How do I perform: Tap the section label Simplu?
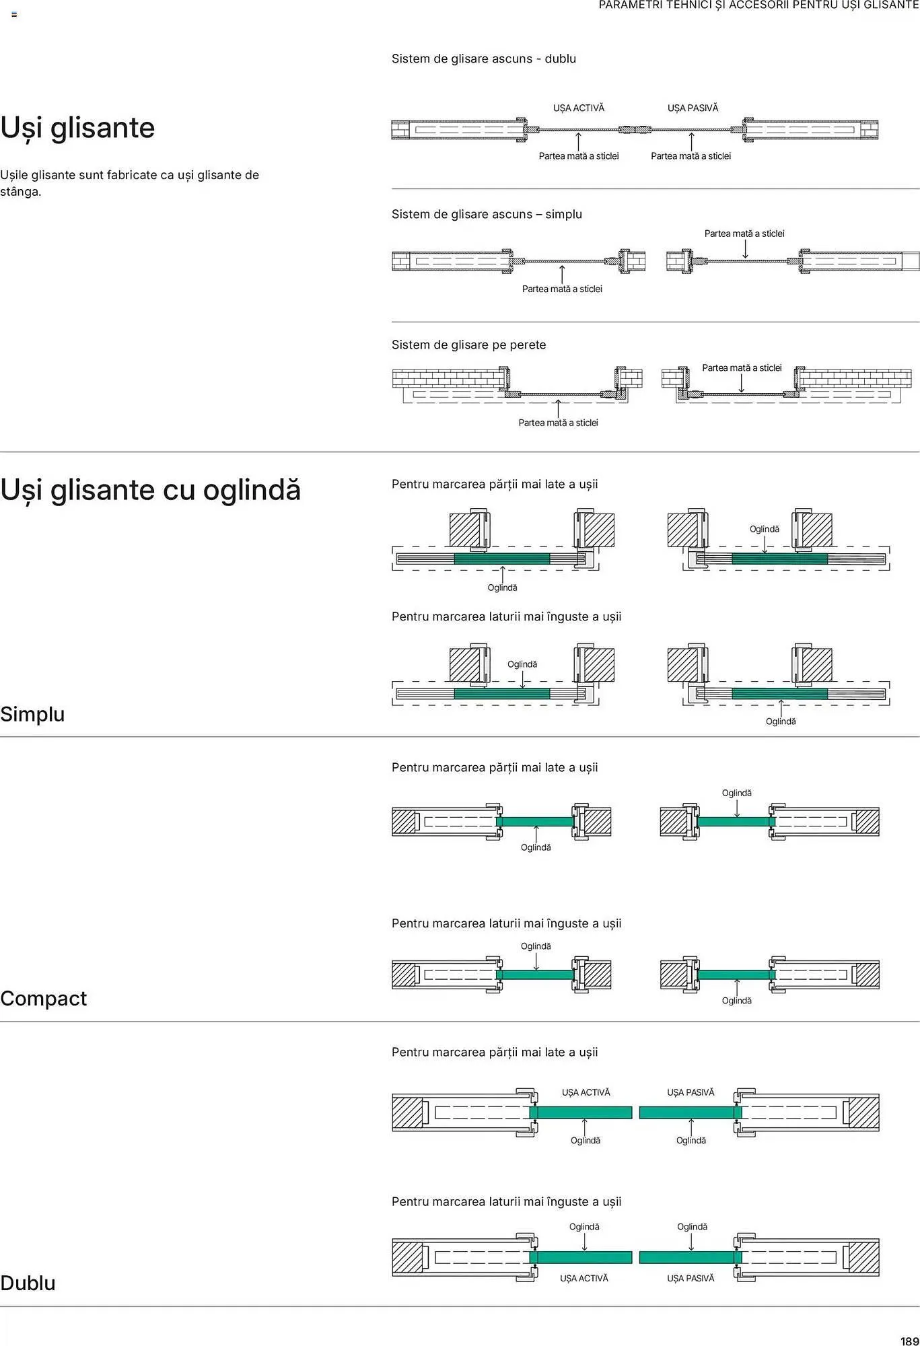(x=32, y=714)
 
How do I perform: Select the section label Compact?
(x=43, y=999)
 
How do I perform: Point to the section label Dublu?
(x=28, y=1283)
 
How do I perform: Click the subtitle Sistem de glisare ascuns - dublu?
(x=484, y=59)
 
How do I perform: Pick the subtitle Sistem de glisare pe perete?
(x=469, y=345)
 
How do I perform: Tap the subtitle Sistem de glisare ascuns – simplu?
(x=487, y=214)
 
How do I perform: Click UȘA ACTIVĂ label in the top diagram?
(x=579, y=108)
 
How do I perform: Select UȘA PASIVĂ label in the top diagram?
(x=693, y=108)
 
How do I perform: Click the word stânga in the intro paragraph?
(x=20, y=192)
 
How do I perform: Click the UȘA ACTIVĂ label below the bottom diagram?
(x=584, y=1278)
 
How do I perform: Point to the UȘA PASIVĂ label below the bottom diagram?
(x=691, y=1278)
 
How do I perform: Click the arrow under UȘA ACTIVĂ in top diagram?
(x=578, y=141)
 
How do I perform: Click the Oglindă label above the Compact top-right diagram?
(x=737, y=793)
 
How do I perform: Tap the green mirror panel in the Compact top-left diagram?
(x=535, y=822)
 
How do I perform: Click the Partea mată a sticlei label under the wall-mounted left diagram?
(x=558, y=423)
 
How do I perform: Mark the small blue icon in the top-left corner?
(x=14, y=14)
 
